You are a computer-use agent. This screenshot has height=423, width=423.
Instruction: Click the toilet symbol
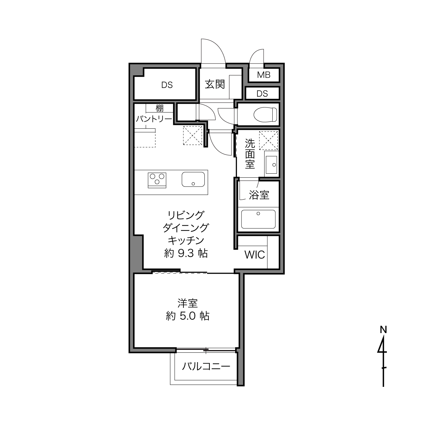pos(266,114)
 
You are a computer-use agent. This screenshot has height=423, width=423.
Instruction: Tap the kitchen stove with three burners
pos(157,180)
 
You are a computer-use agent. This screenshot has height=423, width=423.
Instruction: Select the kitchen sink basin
pos(193,179)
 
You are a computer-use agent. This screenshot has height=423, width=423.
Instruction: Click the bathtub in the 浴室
pos(258,219)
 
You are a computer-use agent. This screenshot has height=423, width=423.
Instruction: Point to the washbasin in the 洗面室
pos(271,165)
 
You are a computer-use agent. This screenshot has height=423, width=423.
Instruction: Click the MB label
pos(264,75)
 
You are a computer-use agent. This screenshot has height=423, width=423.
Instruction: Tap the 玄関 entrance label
pos(215,84)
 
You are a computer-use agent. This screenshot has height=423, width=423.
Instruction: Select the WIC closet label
pos(255,255)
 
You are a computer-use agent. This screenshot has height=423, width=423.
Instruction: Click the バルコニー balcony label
pos(206,366)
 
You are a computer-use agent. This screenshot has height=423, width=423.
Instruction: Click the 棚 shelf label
pos(159,108)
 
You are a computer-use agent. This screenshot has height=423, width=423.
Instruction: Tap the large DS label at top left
pos(167,85)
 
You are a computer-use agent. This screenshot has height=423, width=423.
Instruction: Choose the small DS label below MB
pos(262,94)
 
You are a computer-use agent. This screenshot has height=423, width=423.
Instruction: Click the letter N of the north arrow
pos(383,330)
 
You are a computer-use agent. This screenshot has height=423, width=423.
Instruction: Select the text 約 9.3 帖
pos(186,253)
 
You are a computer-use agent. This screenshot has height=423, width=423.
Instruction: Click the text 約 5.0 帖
pos(188,316)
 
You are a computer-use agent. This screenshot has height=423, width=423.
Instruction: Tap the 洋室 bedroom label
pos(188,303)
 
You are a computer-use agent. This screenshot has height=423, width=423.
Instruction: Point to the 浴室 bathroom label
pos(259,195)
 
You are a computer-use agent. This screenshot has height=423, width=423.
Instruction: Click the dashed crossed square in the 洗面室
pos(269,141)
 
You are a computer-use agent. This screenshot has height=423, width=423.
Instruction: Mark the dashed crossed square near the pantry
pos(193,135)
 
